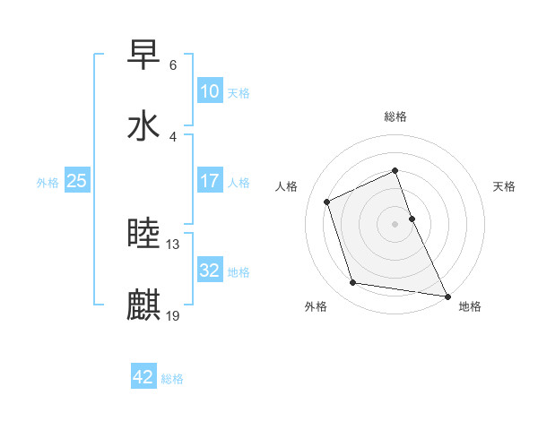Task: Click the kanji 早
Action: (x=144, y=56)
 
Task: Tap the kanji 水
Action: (x=144, y=125)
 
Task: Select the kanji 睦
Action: (x=144, y=235)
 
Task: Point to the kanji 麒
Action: (x=144, y=305)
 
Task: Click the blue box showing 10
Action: (x=209, y=91)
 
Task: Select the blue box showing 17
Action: (x=209, y=181)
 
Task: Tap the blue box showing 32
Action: (x=209, y=271)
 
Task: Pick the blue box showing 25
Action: (x=76, y=181)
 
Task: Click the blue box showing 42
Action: (x=143, y=377)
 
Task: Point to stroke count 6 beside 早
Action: (x=173, y=65)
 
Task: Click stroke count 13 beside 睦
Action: (x=173, y=245)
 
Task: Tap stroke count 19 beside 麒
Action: (x=173, y=314)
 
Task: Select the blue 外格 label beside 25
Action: (x=48, y=182)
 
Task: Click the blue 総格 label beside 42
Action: (x=172, y=378)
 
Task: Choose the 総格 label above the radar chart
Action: (x=395, y=116)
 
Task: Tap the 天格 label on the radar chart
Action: (x=504, y=186)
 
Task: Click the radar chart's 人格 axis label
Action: (x=287, y=186)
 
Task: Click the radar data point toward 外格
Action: (x=353, y=283)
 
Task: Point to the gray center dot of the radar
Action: (x=395, y=224)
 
